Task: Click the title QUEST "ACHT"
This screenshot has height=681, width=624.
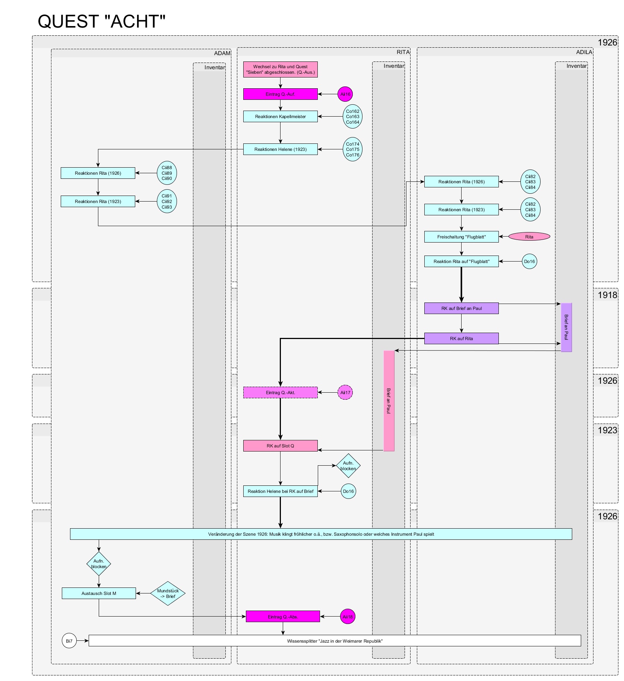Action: coord(101,22)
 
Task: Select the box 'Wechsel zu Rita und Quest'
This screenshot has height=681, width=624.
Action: coord(280,70)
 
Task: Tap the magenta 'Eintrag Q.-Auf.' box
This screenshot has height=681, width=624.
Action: coord(280,94)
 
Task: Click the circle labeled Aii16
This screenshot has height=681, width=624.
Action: coord(345,94)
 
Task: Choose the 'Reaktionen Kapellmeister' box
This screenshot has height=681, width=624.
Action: coord(280,117)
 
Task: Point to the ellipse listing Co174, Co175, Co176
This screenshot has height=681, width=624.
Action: coord(352,149)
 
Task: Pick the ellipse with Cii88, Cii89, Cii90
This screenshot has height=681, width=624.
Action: coord(167,173)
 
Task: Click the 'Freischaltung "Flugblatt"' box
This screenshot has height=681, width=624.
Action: coord(461,237)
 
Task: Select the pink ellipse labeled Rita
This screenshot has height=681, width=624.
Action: coord(529,237)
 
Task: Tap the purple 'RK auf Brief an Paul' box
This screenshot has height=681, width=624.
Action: coord(461,308)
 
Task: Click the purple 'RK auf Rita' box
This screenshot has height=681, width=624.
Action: coord(461,339)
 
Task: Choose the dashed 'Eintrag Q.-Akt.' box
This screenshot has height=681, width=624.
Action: coord(280,393)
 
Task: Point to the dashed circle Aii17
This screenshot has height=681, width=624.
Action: coord(345,393)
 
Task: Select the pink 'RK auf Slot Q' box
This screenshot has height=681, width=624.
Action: coord(280,446)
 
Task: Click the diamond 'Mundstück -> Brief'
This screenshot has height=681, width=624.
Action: coord(168,593)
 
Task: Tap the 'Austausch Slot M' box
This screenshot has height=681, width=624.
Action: coord(99,593)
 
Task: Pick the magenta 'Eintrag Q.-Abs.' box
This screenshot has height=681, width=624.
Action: coord(283,617)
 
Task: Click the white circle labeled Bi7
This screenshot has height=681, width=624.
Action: coord(69,641)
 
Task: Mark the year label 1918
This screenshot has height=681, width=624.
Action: coord(607,295)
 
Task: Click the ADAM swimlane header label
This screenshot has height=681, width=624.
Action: coord(222,53)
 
